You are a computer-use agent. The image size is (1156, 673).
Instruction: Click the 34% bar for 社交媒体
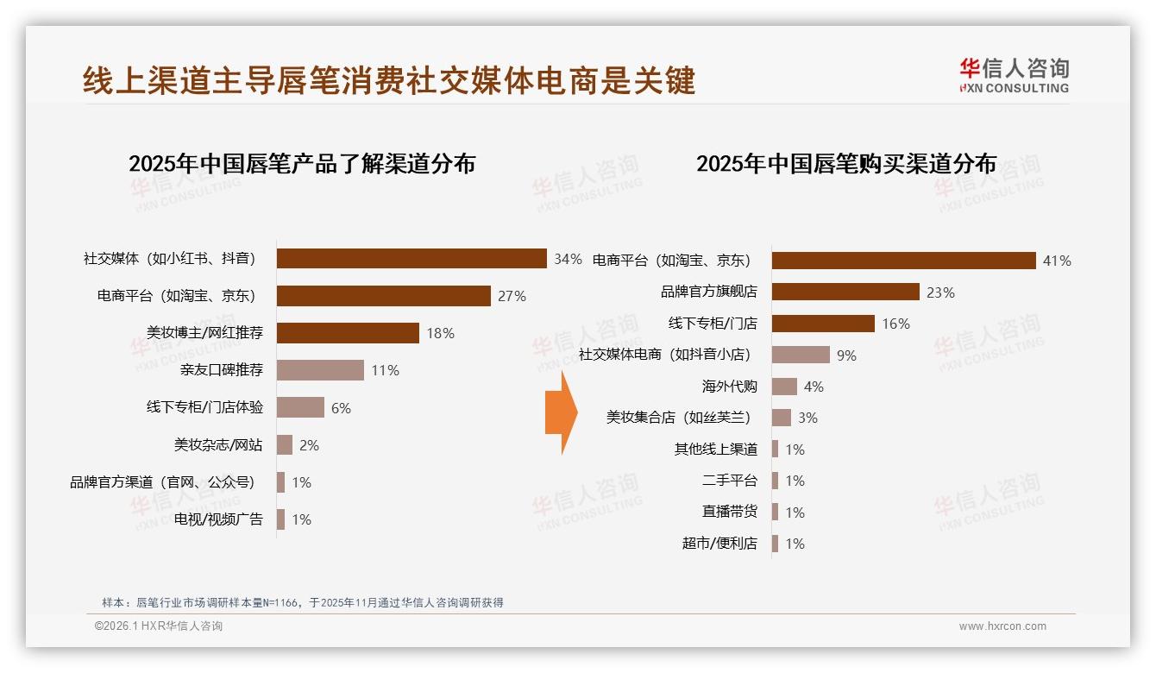pos(412,259)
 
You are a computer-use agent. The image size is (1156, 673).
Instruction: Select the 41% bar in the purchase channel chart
pos(903,261)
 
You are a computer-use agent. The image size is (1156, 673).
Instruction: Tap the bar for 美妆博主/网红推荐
pos(348,333)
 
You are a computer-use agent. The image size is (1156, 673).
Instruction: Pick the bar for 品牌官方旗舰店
pos(845,292)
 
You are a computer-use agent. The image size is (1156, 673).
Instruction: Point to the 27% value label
pos(512,296)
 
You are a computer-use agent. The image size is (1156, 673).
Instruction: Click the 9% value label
pos(846,355)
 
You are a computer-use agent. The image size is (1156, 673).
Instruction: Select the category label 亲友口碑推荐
pos(222,370)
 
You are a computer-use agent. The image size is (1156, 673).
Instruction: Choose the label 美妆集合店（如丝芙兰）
pos(678,418)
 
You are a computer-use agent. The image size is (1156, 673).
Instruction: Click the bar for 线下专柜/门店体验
pos(300,407)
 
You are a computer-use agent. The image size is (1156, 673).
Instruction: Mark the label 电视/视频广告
pos(218,519)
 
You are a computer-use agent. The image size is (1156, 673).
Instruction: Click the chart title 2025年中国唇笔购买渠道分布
pos(846,164)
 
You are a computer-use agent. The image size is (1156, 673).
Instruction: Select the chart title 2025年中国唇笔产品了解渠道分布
pos(302,164)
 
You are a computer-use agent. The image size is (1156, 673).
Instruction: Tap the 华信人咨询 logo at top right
pos(1014,75)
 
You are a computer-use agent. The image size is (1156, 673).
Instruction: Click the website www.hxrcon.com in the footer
pos(1002,626)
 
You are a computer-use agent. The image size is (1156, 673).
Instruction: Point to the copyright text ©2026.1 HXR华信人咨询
pos(159,626)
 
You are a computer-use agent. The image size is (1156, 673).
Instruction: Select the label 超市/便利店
pos(719,544)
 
